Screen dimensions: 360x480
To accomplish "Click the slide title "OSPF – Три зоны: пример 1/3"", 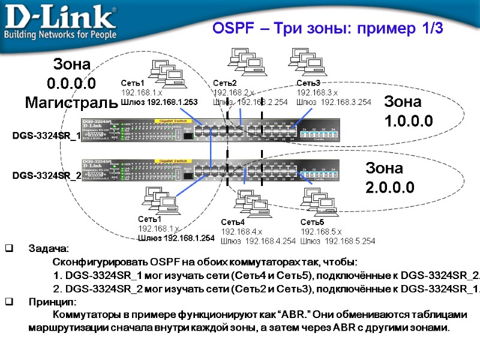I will [328, 28].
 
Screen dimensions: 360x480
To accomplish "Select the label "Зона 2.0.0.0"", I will [390, 178].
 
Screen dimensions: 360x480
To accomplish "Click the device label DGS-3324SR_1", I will [47, 137].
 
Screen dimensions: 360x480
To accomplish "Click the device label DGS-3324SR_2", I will [47, 176].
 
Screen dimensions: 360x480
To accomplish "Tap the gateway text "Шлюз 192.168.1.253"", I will [159, 102].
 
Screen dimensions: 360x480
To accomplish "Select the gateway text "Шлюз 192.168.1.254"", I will [176, 238].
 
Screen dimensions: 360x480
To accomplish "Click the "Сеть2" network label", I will [225, 83].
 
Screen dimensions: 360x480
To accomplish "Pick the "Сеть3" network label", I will [308, 83].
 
